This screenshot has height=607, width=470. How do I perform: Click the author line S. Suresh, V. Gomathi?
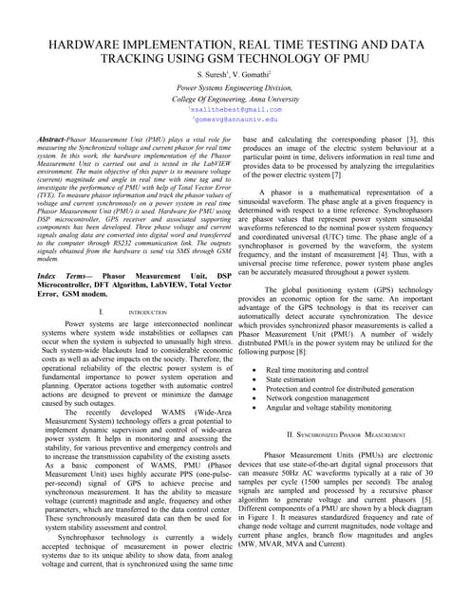coord(234,74)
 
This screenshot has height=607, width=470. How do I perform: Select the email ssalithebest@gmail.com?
coord(235,109)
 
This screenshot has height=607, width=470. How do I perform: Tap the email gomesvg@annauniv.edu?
coord(235,120)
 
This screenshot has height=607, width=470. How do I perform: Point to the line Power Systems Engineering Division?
coord(234,87)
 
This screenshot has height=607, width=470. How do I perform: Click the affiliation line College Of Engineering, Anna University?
coord(234,98)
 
